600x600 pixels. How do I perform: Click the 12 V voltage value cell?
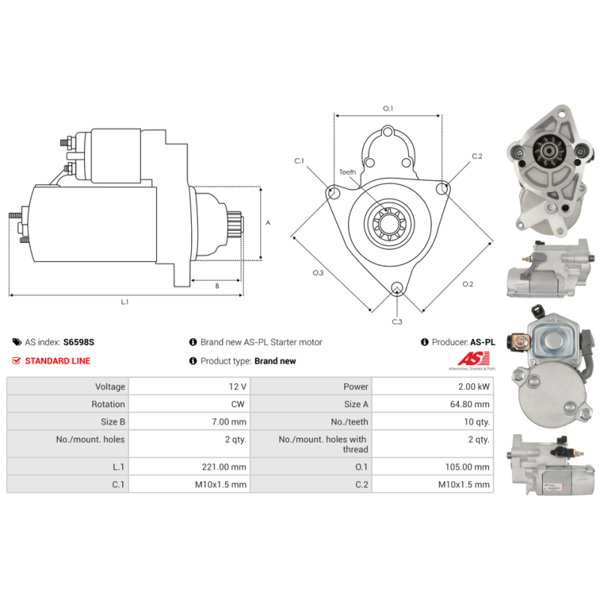[238, 386]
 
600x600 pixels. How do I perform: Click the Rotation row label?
[108, 404]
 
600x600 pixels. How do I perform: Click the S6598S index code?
[79, 342]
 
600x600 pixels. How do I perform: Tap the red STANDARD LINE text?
[57, 361]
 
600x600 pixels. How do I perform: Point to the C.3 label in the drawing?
[397, 322]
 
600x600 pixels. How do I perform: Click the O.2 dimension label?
[467, 284]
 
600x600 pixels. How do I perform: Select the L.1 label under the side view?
[125, 302]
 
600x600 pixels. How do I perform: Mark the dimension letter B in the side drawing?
[217, 286]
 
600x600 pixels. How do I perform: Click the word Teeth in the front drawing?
[347, 172]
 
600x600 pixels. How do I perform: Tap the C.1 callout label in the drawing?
[298, 160]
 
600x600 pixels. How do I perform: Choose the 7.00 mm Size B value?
[229, 422]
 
